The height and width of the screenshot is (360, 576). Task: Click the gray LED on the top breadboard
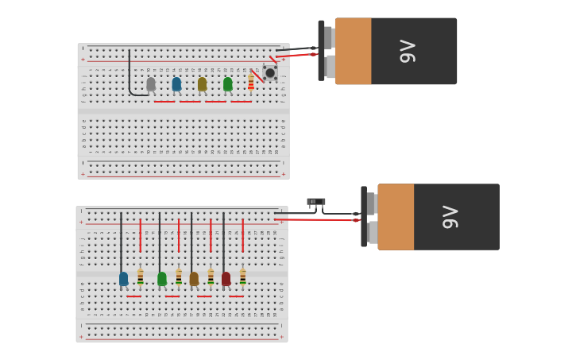tap(151, 83)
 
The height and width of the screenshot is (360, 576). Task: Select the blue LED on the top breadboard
tap(176, 83)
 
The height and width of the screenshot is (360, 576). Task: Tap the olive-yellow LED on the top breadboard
tap(202, 83)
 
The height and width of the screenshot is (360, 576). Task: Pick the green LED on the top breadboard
tap(227, 83)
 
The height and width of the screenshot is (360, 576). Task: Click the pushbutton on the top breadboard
tap(270, 73)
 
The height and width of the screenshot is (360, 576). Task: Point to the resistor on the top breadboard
tap(251, 83)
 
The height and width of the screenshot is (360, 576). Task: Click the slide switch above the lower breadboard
tap(316, 202)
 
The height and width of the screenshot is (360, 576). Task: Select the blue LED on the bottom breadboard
tap(123, 278)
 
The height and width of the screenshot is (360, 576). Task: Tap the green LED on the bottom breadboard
tap(162, 278)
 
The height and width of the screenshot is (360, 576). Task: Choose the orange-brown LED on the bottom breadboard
tap(194, 278)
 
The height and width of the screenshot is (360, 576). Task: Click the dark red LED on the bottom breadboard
tap(226, 278)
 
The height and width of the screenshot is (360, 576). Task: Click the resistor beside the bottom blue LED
tap(141, 277)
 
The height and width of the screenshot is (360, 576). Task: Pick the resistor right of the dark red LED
tap(242, 277)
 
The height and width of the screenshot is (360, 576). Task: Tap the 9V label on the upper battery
tap(407, 51)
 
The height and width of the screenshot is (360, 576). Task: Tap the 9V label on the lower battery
tap(450, 217)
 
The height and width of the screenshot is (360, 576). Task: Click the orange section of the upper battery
tap(353, 51)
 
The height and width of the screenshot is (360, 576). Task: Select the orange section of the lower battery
tap(396, 217)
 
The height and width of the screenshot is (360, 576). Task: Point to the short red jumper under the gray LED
tap(164, 102)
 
